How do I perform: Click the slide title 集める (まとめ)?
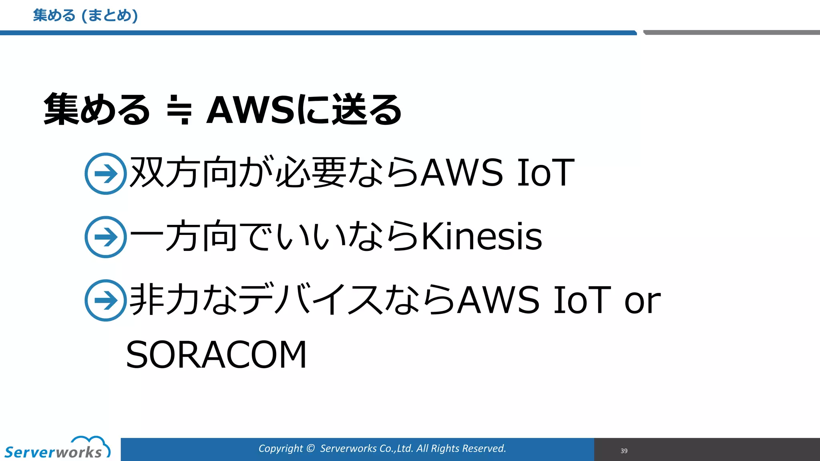coord(85,16)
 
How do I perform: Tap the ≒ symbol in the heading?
coord(179,110)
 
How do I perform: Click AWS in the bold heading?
coord(251,110)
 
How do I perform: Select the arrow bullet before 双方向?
coord(106,174)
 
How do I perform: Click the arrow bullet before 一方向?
coord(106,237)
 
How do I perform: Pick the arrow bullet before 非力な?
coord(106,300)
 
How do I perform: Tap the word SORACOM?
coord(217,355)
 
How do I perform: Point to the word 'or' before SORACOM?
coord(642,301)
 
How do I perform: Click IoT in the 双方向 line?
coord(546,173)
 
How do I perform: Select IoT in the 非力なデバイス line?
coord(582,300)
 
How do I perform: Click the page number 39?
coord(624,451)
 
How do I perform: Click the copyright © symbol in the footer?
coord(310,449)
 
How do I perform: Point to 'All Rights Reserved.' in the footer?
coord(461,449)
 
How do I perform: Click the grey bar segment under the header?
coord(731,32)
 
